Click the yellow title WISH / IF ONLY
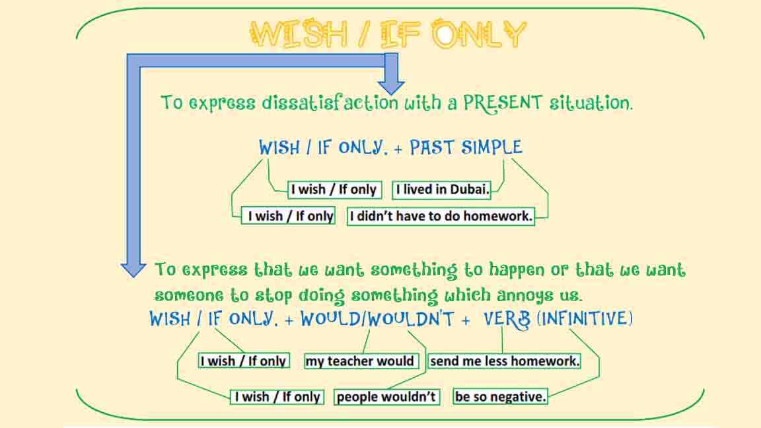point(388,35)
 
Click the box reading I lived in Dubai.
point(442,190)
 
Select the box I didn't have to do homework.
point(441,216)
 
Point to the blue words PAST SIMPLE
point(466,147)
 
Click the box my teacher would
point(360,361)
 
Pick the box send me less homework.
point(505,361)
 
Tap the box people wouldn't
point(386,397)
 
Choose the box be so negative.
point(501,397)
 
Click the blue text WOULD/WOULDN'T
point(377,320)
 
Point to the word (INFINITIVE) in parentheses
point(585,320)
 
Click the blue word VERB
point(507,320)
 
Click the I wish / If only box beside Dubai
point(334,190)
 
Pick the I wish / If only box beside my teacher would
point(244,361)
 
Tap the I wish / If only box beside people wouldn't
point(277,397)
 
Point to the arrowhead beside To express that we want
point(133,268)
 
